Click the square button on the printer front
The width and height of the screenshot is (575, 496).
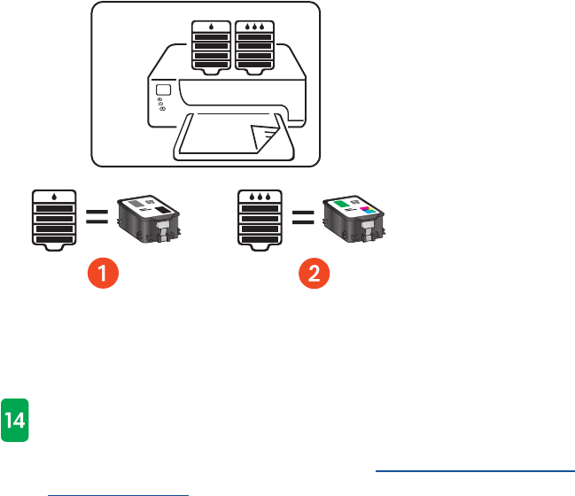point(162,91)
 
